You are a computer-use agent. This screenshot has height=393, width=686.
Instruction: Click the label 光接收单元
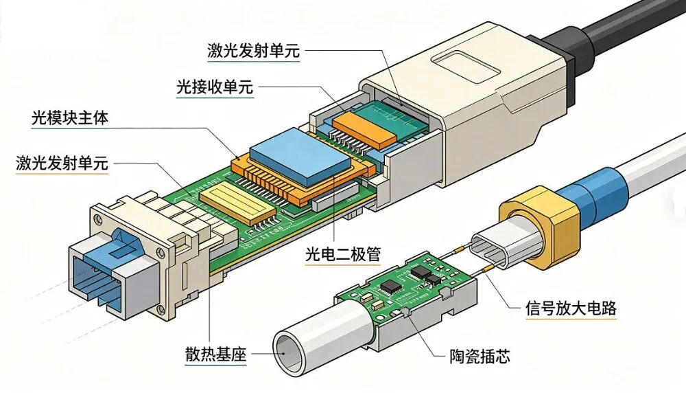[214, 87]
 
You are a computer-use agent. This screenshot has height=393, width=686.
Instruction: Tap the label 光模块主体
[70, 118]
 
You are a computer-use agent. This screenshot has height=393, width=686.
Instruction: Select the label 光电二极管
[343, 254]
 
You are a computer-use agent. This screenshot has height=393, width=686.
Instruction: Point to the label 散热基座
[215, 354]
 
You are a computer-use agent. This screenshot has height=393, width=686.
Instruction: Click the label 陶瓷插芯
[480, 356]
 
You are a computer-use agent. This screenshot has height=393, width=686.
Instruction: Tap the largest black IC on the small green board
[388, 287]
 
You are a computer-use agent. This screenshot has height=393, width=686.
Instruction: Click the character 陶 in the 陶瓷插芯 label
[457, 356]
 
